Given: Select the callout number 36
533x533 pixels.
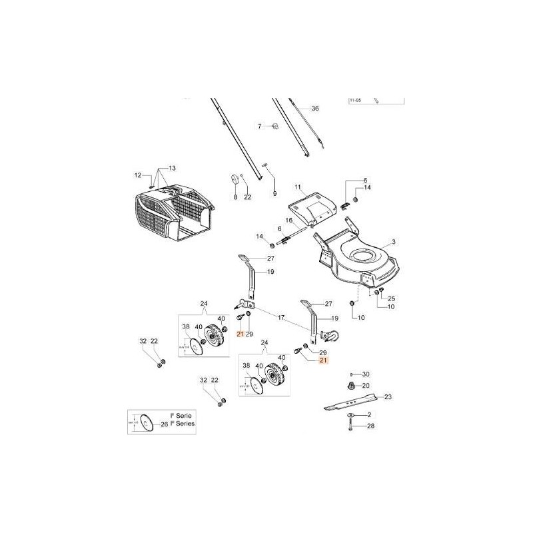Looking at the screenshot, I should click(x=315, y=108).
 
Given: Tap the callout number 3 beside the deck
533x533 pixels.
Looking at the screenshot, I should click(x=394, y=242).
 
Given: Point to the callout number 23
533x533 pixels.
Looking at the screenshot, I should click(x=388, y=397).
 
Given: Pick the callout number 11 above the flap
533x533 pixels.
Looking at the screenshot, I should click(x=298, y=188).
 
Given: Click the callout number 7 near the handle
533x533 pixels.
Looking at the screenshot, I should click(x=261, y=125).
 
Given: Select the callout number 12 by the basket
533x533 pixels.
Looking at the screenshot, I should click(x=139, y=175).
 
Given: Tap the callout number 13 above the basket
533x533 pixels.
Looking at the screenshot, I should click(x=171, y=167).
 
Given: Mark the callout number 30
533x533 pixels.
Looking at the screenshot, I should click(x=366, y=374).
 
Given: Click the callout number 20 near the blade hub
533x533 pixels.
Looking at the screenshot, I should click(x=366, y=386).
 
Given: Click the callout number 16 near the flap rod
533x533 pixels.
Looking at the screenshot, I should click(x=289, y=220).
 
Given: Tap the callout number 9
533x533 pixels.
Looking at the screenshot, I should click(x=274, y=193).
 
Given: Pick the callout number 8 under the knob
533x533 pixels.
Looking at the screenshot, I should click(x=235, y=197).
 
